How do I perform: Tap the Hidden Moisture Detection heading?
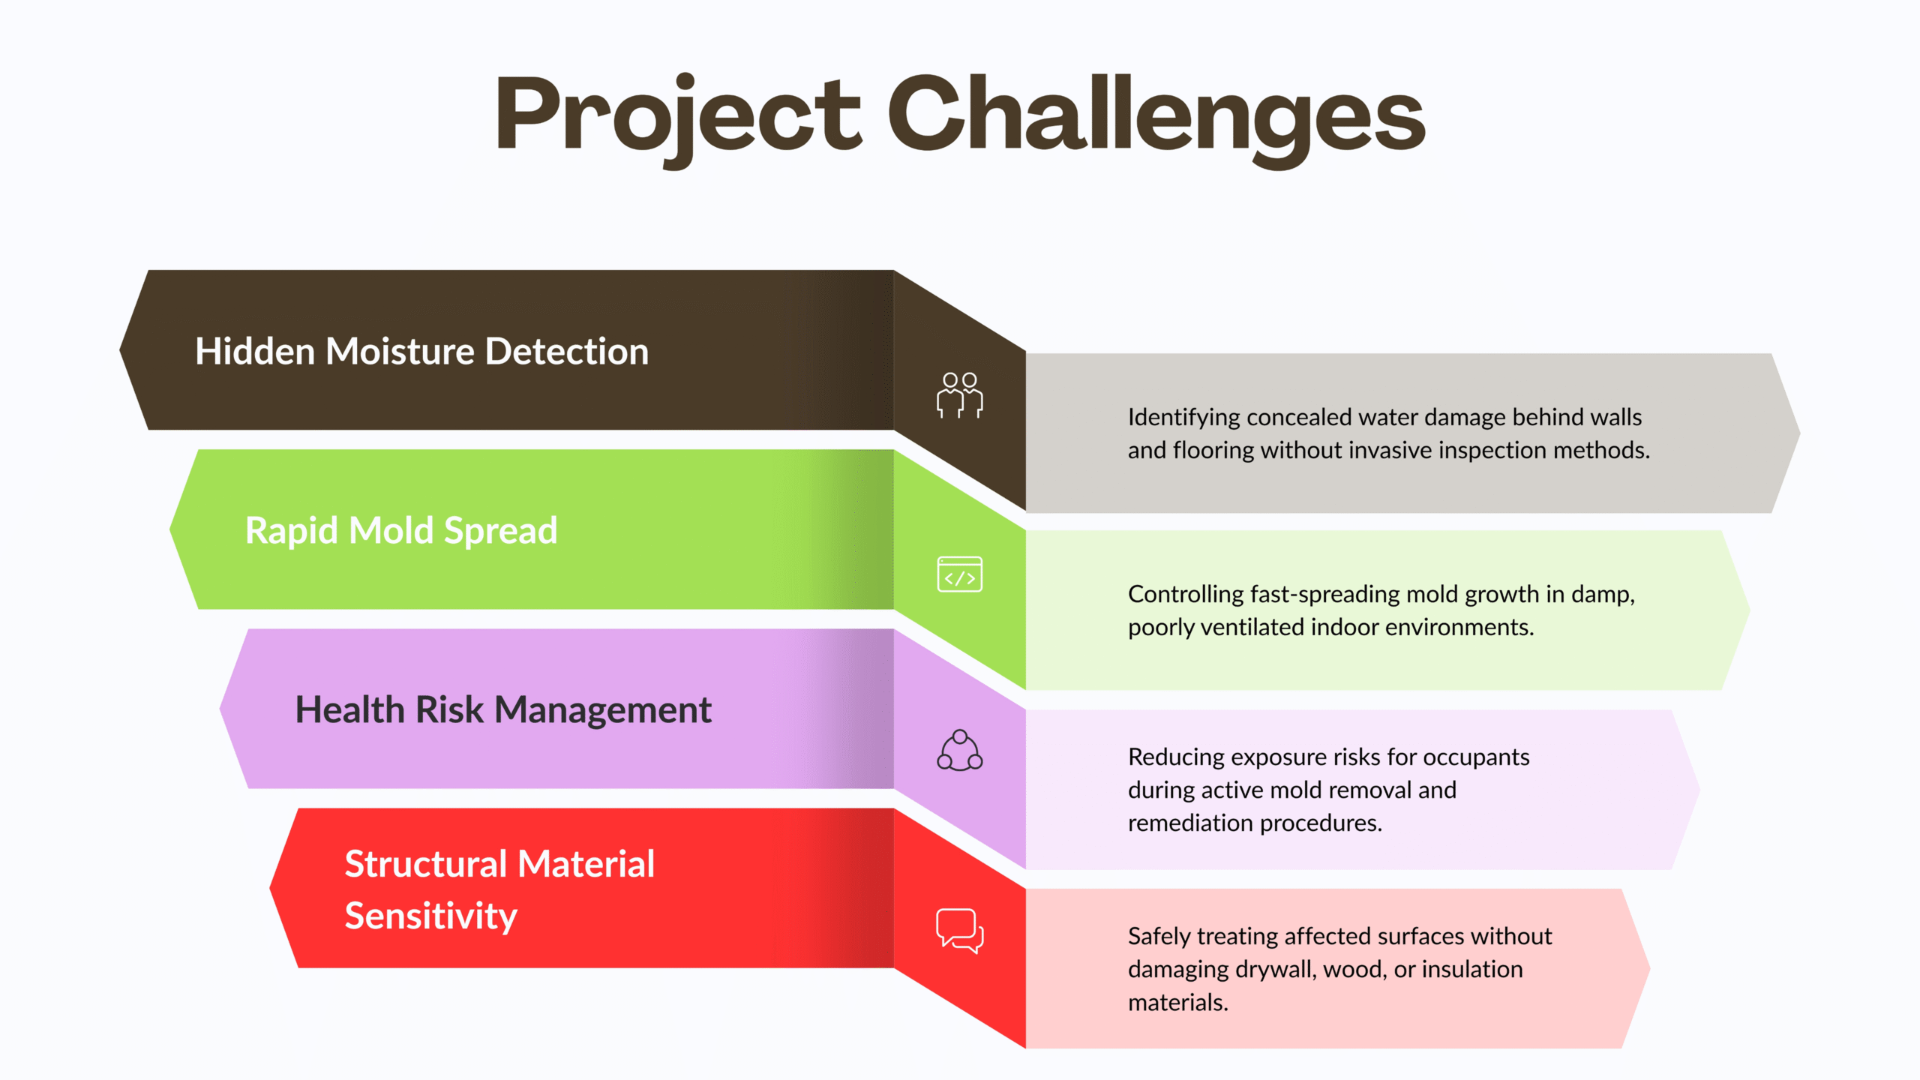click(421, 351)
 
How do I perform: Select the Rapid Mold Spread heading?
click(401, 531)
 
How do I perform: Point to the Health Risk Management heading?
click(503, 710)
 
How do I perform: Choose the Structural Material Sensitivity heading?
click(499, 890)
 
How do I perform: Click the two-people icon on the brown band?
click(960, 395)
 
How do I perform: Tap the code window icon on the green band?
click(960, 574)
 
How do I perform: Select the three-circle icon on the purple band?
click(960, 750)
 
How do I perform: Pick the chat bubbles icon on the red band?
click(960, 931)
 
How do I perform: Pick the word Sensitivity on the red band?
click(431, 916)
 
